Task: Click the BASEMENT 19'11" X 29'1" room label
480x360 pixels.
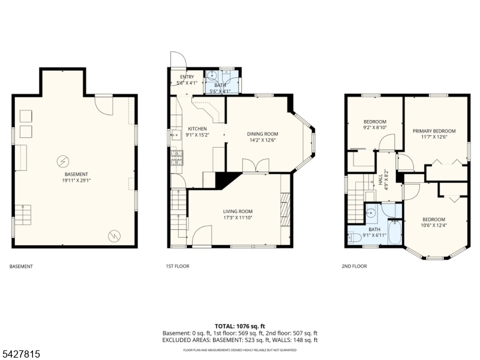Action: click(x=76, y=177)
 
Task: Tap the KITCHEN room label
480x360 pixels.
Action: click(x=197, y=129)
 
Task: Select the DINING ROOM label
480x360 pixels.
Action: click(x=263, y=134)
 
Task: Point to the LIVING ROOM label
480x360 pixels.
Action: click(x=238, y=211)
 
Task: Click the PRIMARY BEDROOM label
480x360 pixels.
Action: click(x=434, y=131)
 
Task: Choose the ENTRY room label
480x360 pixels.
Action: click(x=187, y=77)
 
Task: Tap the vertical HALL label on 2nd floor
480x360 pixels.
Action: click(x=380, y=179)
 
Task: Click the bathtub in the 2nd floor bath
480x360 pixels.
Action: click(x=395, y=232)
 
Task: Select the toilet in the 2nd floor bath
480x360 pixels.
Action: click(x=353, y=238)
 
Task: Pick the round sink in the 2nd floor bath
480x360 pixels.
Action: click(x=372, y=212)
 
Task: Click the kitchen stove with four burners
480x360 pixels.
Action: click(x=176, y=158)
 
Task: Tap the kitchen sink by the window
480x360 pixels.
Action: click(x=176, y=134)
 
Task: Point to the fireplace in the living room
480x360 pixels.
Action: click(x=286, y=209)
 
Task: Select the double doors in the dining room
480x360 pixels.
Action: click(x=256, y=166)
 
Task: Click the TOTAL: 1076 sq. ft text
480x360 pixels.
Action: click(x=239, y=326)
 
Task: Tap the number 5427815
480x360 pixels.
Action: click(x=20, y=354)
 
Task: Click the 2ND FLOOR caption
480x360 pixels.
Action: click(x=354, y=266)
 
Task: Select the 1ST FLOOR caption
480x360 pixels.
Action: click(x=178, y=266)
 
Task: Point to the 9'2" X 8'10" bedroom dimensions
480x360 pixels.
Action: click(x=375, y=128)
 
